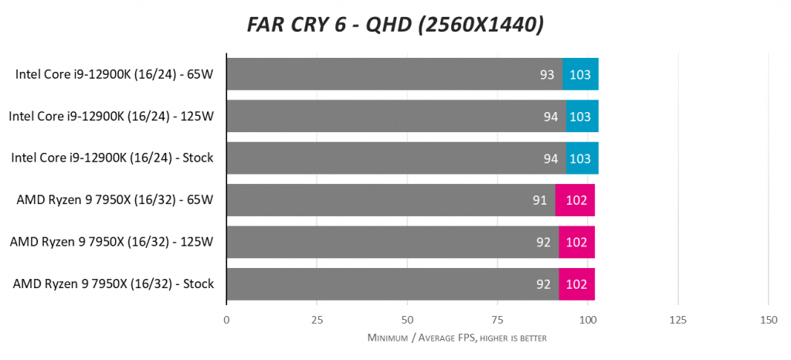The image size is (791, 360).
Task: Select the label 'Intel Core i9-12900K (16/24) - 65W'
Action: point(114,74)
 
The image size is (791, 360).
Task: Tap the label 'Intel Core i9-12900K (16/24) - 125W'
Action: point(111,116)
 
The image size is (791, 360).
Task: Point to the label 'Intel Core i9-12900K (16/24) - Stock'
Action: point(112,158)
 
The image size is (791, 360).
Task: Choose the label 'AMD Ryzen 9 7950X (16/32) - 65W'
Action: point(115,200)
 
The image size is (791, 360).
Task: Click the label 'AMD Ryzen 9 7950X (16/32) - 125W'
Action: point(112,242)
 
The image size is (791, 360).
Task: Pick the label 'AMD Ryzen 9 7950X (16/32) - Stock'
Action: point(114,284)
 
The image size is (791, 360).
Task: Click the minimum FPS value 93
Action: point(547,74)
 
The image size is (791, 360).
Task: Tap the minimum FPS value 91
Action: point(540,200)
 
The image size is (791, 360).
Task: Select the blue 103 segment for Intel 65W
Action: point(580,74)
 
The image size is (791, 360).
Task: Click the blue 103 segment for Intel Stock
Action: point(582,158)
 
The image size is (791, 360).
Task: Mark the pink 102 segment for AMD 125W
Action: point(576,242)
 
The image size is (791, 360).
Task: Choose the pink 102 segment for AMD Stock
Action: point(576,284)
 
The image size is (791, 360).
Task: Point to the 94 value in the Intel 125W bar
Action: point(551,116)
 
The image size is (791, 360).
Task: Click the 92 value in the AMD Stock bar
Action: point(543,284)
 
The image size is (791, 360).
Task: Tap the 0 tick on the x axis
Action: point(226,320)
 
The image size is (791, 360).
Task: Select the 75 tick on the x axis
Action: point(497,320)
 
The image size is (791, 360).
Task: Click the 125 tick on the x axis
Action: point(677,320)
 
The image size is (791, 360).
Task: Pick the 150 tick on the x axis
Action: point(768,320)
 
